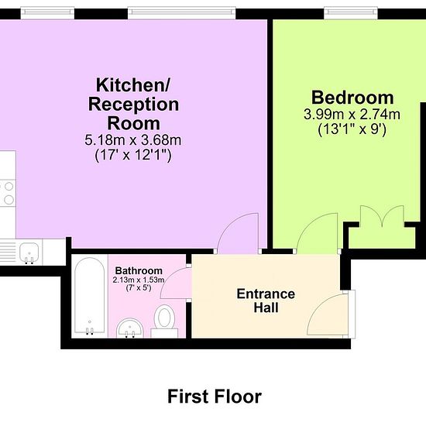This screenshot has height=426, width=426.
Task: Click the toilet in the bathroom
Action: pyautogui.click(x=164, y=321)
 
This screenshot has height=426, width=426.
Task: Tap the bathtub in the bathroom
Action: pyautogui.click(x=89, y=296)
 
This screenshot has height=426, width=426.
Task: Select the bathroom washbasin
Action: pyautogui.click(x=130, y=328)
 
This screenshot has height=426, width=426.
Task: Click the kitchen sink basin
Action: pyautogui.click(x=29, y=253)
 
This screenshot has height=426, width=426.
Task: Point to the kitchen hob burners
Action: pyautogui.click(x=9, y=193)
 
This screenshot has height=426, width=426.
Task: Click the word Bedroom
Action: pyautogui.click(x=352, y=98)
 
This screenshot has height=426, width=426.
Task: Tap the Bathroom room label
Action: pyautogui.click(x=139, y=270)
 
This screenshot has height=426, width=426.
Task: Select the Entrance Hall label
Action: pyautogui.click(x=266, y=301)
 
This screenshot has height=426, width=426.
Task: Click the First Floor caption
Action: pyautogui.click(x=215, y=397)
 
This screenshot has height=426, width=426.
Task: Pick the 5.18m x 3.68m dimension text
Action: pyautogui.click(x=133, y=140)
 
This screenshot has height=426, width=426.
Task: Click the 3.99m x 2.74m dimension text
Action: pyautogui.click(x=352, y=115)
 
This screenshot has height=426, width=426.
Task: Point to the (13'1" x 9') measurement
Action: pyautogui.click(x=352, y=129)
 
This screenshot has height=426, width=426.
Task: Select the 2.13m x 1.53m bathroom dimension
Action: pyautogui.click(x=139, y=280)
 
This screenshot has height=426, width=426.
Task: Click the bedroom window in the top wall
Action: pyautogui.click(x=351, y=13)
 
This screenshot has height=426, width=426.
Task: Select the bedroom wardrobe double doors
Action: pyautogui.click(x=382, y=215)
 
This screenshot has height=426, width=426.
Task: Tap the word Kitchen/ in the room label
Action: pyautogui.click(x=133, y=85)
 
